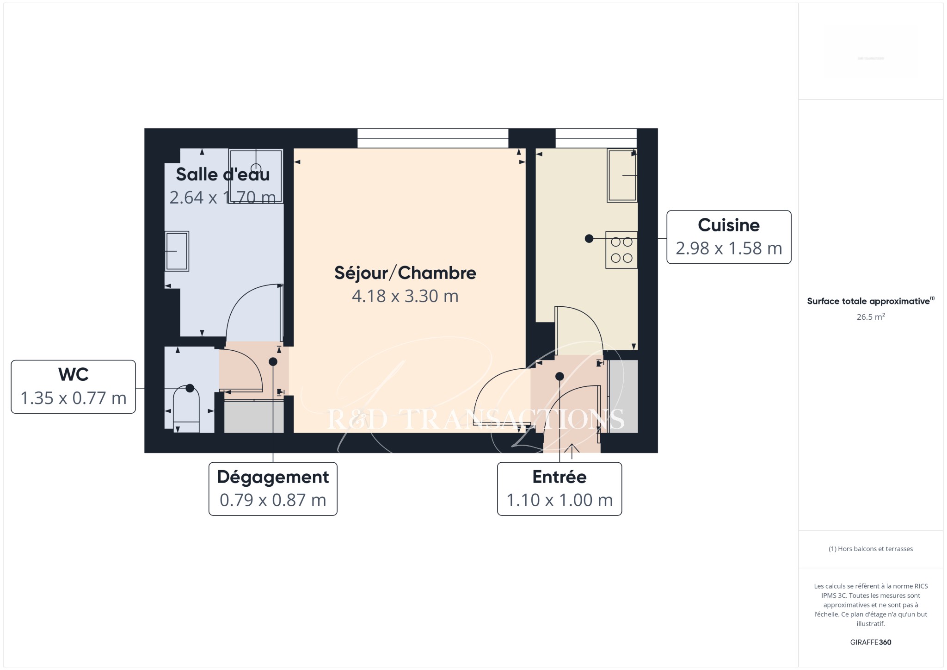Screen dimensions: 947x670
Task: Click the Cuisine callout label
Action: point(729,237)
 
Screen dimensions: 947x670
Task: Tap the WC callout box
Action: point(73,386)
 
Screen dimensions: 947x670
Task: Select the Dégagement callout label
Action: point(273,489)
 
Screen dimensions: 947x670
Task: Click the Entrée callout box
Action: point(560,489)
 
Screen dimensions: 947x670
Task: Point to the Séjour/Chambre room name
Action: point(405,273)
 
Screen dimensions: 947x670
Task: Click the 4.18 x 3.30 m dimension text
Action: point(405,296)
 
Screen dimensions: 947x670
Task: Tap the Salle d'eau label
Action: point(223,174)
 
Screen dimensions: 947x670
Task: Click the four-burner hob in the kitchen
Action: point(621,250)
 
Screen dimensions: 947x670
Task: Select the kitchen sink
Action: point(622,175)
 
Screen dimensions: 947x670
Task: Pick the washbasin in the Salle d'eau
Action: point(177,251)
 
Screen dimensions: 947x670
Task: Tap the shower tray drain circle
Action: point(256,168)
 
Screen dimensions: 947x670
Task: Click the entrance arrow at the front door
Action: point(572,451)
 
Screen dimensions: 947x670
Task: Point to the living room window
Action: point(433,138)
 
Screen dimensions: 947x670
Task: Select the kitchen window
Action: point(596,138)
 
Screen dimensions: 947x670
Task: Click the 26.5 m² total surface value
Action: point(871,317)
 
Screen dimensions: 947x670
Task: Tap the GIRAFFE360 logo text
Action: point(871,642)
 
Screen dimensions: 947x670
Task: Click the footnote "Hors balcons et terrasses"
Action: point(871,549)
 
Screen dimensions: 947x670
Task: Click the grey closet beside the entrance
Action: point(623,396)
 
